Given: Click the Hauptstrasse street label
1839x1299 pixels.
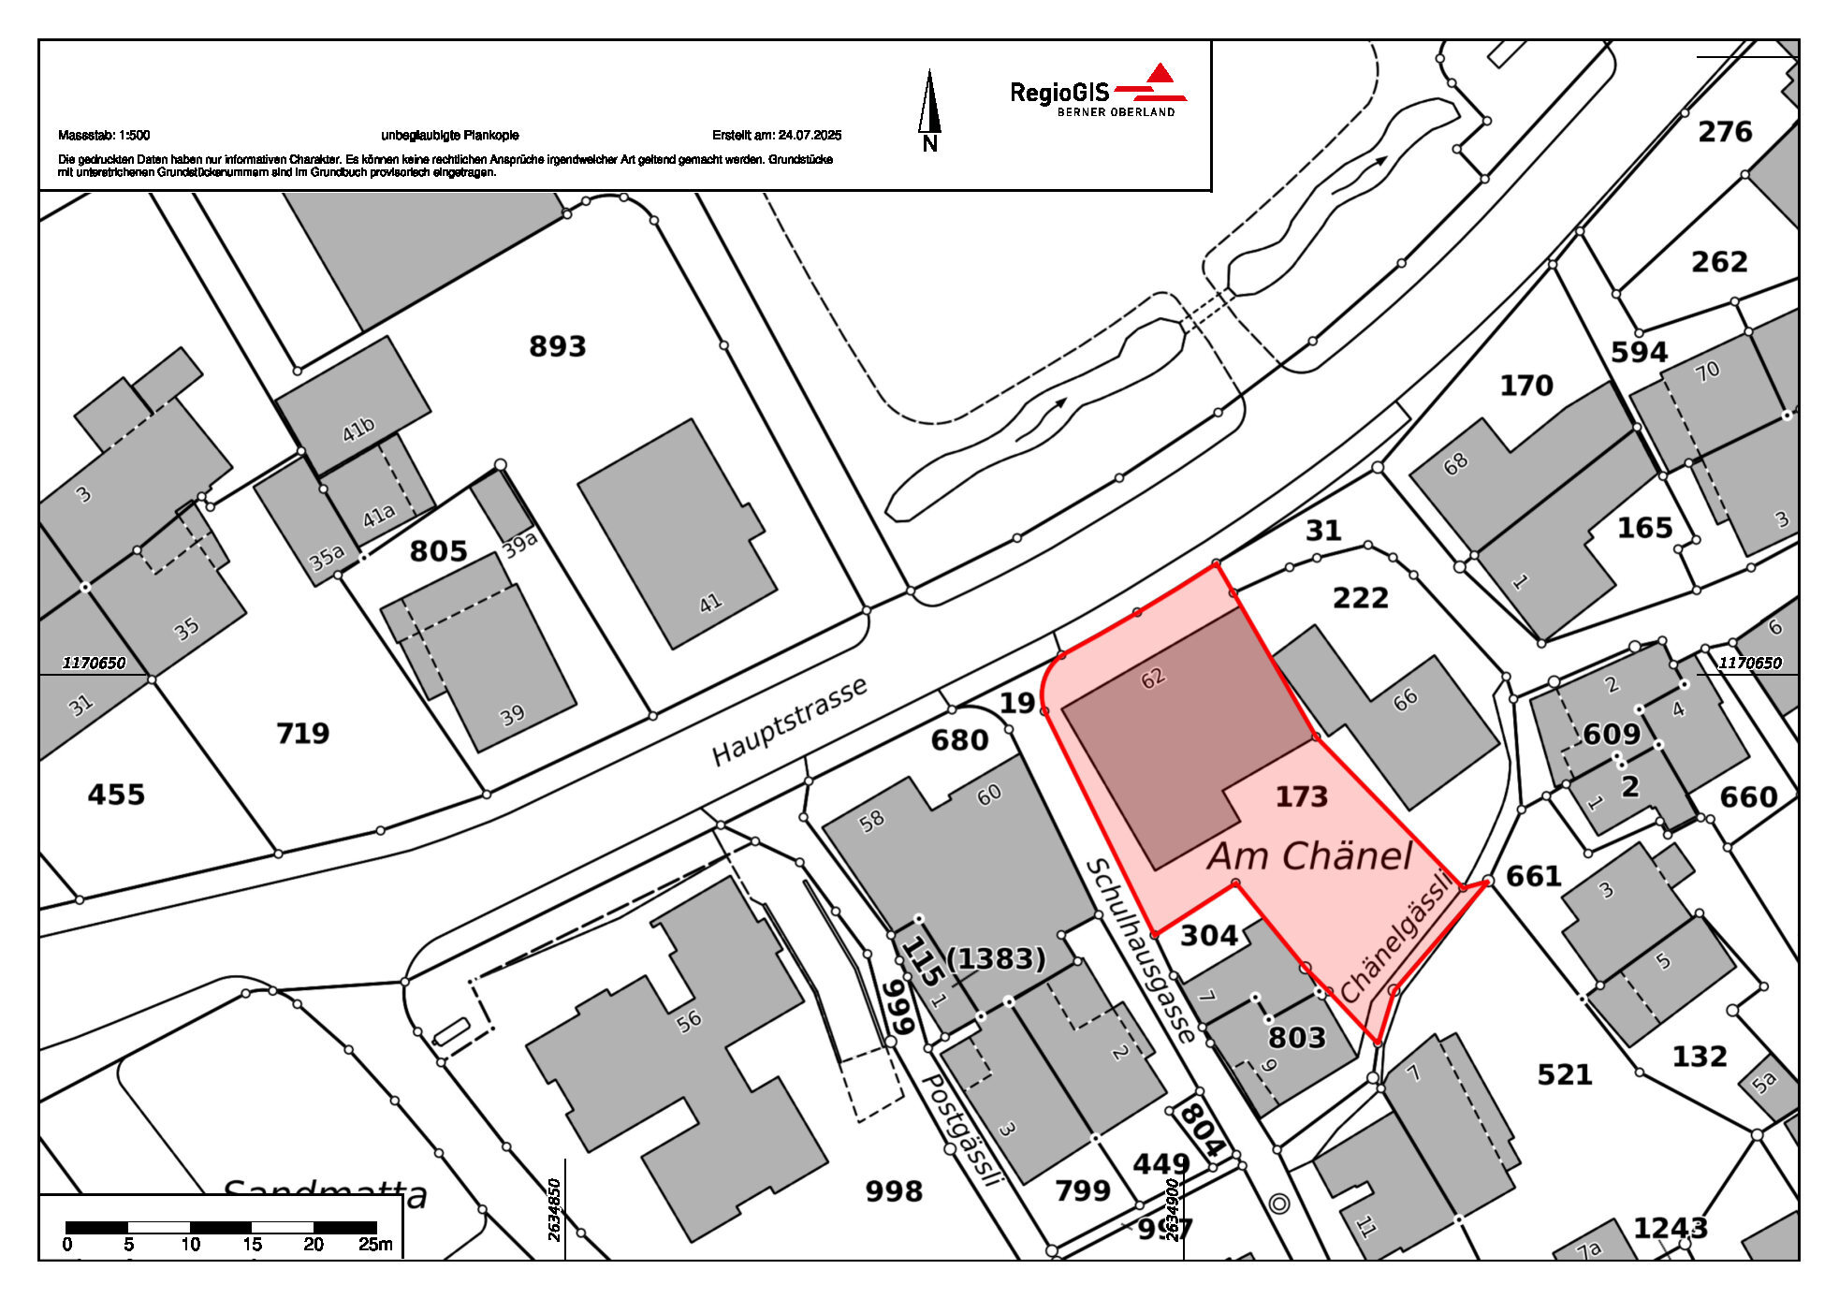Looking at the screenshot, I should [x=789, y=722].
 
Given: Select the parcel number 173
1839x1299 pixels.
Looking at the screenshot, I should [x=1301, y=796].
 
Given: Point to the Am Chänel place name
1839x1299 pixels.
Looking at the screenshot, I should [x=1309, y=856].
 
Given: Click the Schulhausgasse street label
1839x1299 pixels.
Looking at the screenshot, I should [x=1140, y=951].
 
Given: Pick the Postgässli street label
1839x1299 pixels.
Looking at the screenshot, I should [x=962, y=1130].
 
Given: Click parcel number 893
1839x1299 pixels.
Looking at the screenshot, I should [x=558, y=346].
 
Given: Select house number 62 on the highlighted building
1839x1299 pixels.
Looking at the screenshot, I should [x=1153, y=678].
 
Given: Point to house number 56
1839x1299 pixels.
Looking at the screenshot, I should [x=689, y=1020].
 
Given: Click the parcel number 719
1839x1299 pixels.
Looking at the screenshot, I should [x=302, y=733].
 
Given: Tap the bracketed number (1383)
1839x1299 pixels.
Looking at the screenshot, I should [x=996, y=958].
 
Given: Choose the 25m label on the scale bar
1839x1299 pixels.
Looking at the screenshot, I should [x=375, y=1245].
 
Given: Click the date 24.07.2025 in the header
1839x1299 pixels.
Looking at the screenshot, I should [x=810, y=135].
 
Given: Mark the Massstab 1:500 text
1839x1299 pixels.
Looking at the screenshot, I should [x=104, y=135].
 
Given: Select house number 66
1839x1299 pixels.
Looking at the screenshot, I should [x=1405, y=699].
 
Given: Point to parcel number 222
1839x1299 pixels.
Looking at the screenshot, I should [x=1360, y=598].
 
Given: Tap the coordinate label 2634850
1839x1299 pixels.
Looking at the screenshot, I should [x=554, y=1209].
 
